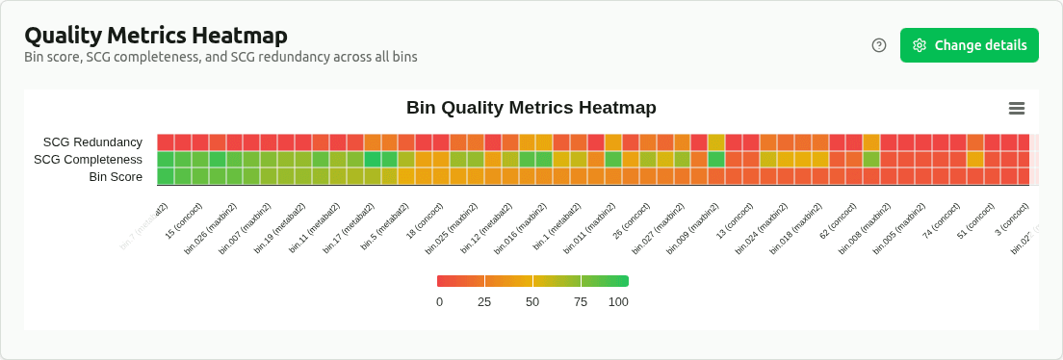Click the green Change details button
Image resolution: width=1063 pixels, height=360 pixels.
969,45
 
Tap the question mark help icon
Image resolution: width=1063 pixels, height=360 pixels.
878,45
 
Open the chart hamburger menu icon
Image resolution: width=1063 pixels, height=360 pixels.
1016,109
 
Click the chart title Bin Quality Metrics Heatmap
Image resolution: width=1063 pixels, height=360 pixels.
531,108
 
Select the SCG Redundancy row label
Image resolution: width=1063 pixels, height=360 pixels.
92,142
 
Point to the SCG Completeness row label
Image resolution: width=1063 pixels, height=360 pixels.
88,160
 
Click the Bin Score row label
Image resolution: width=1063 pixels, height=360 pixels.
116,177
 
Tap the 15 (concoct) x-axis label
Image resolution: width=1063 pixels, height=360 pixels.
184,220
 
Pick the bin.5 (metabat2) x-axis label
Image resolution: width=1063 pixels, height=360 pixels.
385,227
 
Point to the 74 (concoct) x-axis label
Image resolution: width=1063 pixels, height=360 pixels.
941,220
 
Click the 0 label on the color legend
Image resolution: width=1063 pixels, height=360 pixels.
439,301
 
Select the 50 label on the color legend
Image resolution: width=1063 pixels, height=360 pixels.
532,301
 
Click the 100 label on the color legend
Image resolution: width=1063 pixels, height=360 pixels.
618,301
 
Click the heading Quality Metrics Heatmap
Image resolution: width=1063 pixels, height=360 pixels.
156,36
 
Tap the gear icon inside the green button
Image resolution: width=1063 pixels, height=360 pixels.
920,45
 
